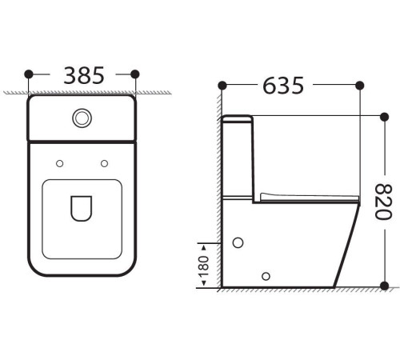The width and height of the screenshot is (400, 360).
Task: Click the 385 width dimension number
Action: point(83,75)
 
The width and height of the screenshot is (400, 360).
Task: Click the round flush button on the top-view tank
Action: point(82,118)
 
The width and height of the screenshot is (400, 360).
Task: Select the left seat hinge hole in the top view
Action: point(59,163)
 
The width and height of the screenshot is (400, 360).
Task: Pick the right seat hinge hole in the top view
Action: point(104,163)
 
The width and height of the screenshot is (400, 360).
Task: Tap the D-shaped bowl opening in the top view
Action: point(82,207)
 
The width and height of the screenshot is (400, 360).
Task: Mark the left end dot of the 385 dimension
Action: point(30,74)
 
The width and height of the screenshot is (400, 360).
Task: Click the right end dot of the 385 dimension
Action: point(134,74)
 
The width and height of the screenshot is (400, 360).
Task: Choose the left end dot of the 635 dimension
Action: point(222,84)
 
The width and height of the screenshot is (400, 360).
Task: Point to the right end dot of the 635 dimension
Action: point(362,84)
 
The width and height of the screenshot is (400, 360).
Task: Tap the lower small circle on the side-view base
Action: point(266,276)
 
